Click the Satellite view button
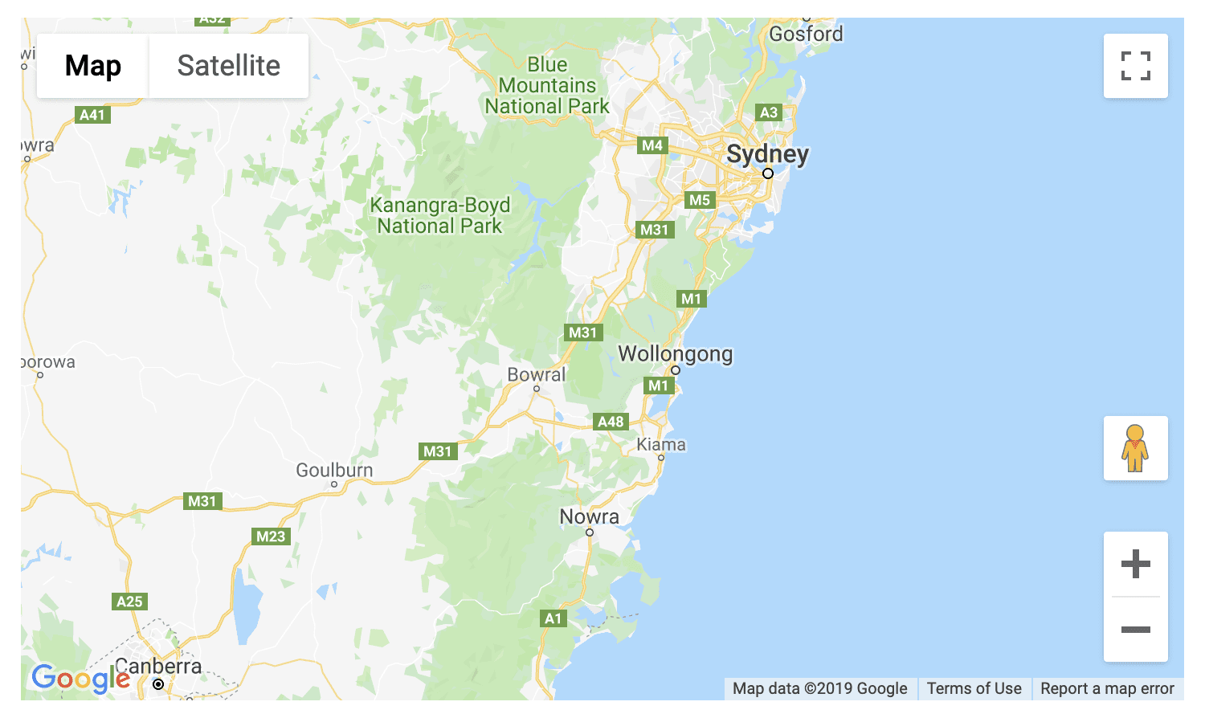pos(228,66)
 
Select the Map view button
pos(93,66)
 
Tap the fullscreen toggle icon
pos(1135,66)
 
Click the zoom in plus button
pos(1135,564)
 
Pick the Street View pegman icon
pos(1135,448)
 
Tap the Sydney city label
pos(767,153)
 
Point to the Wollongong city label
pos(675,354)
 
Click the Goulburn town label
pos(334,470)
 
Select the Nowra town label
pos(589,516)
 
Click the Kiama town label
pos(661,445)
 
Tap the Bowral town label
pos(536,375)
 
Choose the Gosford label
pos(806,34)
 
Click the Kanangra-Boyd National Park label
pos(439,216)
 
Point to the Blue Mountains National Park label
pos(547,85)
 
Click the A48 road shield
pos(611,422)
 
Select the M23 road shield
pos(271,536)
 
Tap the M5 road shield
pos(700,200)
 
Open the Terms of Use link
pos(974,688)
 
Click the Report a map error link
pos(1107,688)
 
